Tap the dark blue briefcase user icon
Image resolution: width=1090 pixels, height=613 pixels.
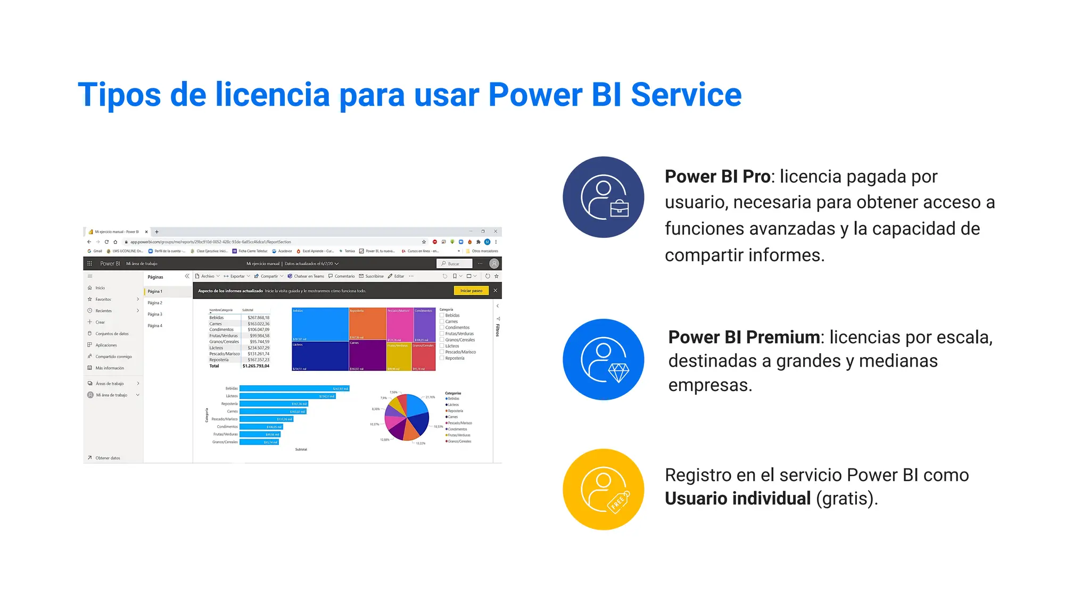pyautogui.click(x=603, y=197)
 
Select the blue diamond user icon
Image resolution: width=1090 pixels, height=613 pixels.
pyautogui.click(x=603, y=360)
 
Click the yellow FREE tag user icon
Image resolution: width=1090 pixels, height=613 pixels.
pyautogui.click(x=603, y=490)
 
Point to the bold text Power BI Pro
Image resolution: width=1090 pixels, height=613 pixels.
pyautogui.click(x=717, y=177)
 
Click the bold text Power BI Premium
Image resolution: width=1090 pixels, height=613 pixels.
pyautogui.click(x=744, y=337)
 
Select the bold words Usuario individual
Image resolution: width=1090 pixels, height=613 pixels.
pyautogui.click(x=738, y=499)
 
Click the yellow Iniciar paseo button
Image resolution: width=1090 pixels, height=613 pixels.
pyautogui.click(x=471, y=291)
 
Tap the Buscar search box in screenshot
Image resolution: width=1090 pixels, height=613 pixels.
pyautogui.click(x=455, y=263)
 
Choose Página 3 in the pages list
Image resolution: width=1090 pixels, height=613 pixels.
pyautogui.click(x=155, y=314)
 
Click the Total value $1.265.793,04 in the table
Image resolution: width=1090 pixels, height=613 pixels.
pyautogui.click(x=255, y=366)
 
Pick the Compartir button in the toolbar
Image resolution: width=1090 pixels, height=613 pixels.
pyautogui.click(x=269, y=276)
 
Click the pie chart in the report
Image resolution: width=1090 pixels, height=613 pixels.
pyautogui.click(x=407, y=418)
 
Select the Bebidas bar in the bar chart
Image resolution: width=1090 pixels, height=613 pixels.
pyautogui.click(x=294, y=388)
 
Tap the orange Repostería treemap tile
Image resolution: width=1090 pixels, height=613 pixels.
pyautogui.click(x=367, y=323)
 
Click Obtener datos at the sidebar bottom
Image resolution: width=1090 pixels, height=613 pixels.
pyautogui.click(x=108, y=458)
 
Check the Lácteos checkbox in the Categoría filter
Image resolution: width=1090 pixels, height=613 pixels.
pyautogui.click(x=442, y=346)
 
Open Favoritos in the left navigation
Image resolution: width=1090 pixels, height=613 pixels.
pyautogui.click(x=103, y=300)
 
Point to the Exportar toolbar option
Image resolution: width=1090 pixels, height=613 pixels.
pyautogui.click(x=237, y=276)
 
